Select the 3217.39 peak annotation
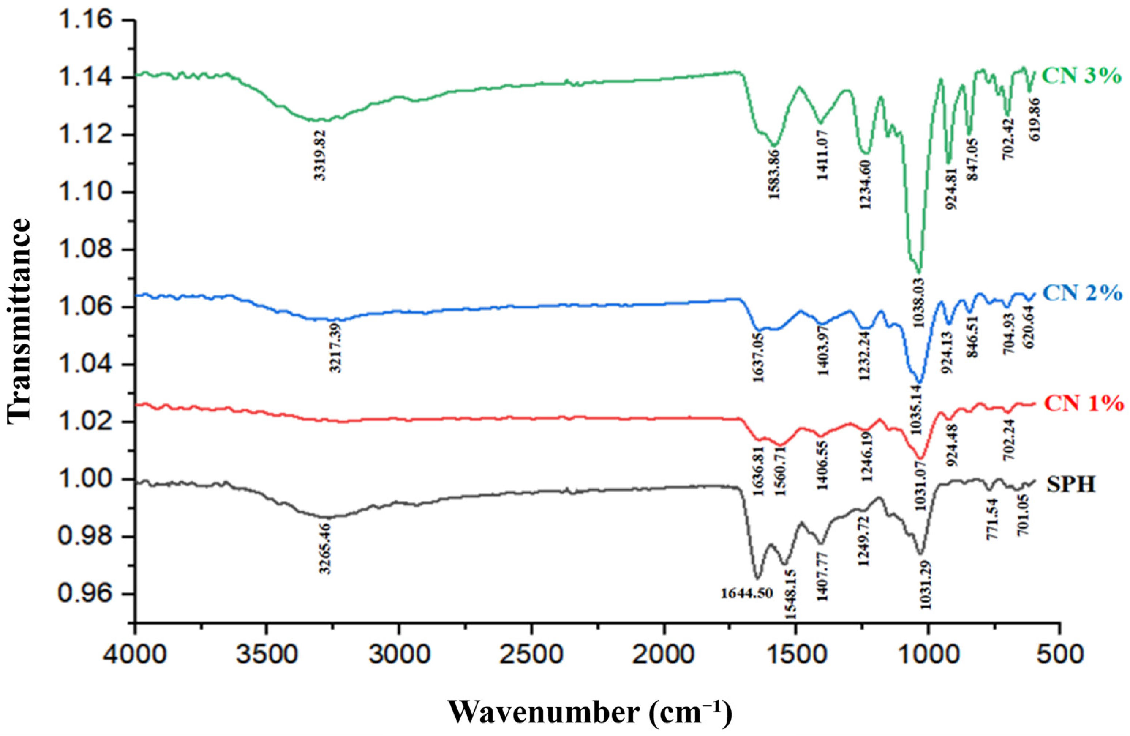pos(336,352)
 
